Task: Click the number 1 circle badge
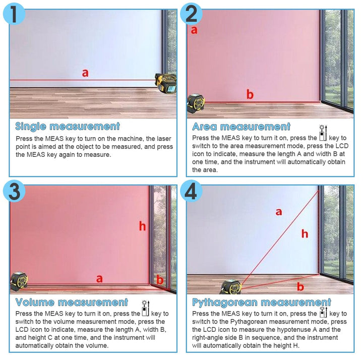(14, 14)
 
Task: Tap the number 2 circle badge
(191, 14)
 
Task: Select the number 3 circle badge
(14, 191)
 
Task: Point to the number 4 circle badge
(191, 191)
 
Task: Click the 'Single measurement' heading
(68, 127)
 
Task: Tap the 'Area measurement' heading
(241, 127)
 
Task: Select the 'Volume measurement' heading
(72, 302)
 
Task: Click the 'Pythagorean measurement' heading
(262, 302)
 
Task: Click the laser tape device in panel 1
(166, 83)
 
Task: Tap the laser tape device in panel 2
(196, 103)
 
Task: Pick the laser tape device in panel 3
(19, 281)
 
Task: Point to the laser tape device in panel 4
(231, 287)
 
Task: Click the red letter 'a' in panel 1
(85, 73)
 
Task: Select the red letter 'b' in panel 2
(250, 94)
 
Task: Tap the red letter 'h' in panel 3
(142, 226)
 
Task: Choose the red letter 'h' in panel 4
(305, 233)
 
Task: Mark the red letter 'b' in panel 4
(300, 286)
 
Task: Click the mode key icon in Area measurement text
(323, 133)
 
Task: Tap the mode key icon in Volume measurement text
(146, 309)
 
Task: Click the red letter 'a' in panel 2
(194, 30)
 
